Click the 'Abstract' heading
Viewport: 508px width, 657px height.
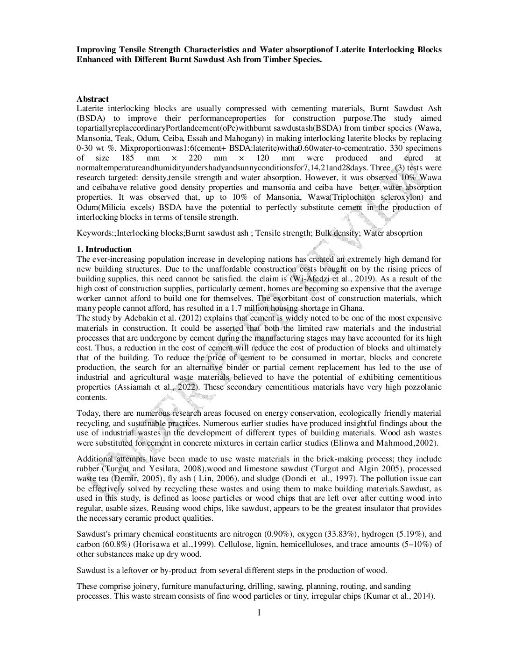coord(92,99)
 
